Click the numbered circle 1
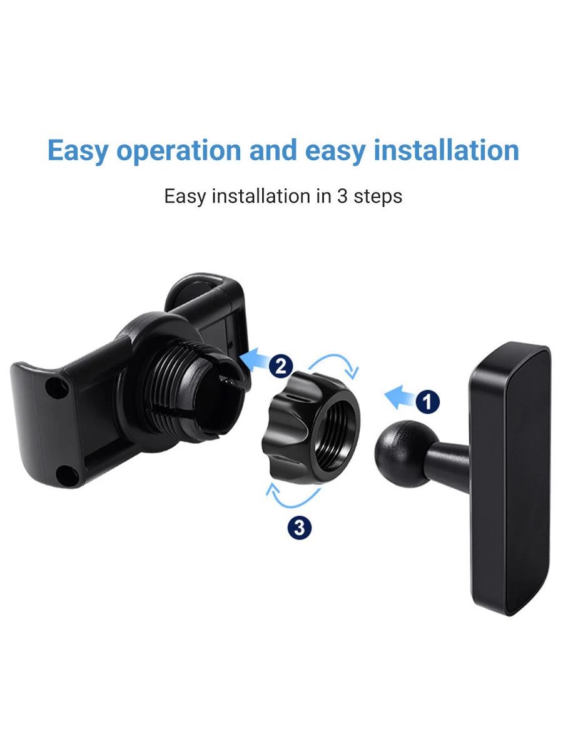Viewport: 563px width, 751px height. point(428,402)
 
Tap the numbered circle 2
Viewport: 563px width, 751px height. point(281,367)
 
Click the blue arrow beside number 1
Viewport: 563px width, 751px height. point(400,397)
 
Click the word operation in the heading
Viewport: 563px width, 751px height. point(179,151)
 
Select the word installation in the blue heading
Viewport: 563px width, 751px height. point(447,150)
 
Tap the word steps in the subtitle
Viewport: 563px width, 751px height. point(378,197)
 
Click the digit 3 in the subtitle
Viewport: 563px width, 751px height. point(342,196)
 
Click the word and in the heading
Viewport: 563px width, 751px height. point(273,150)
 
